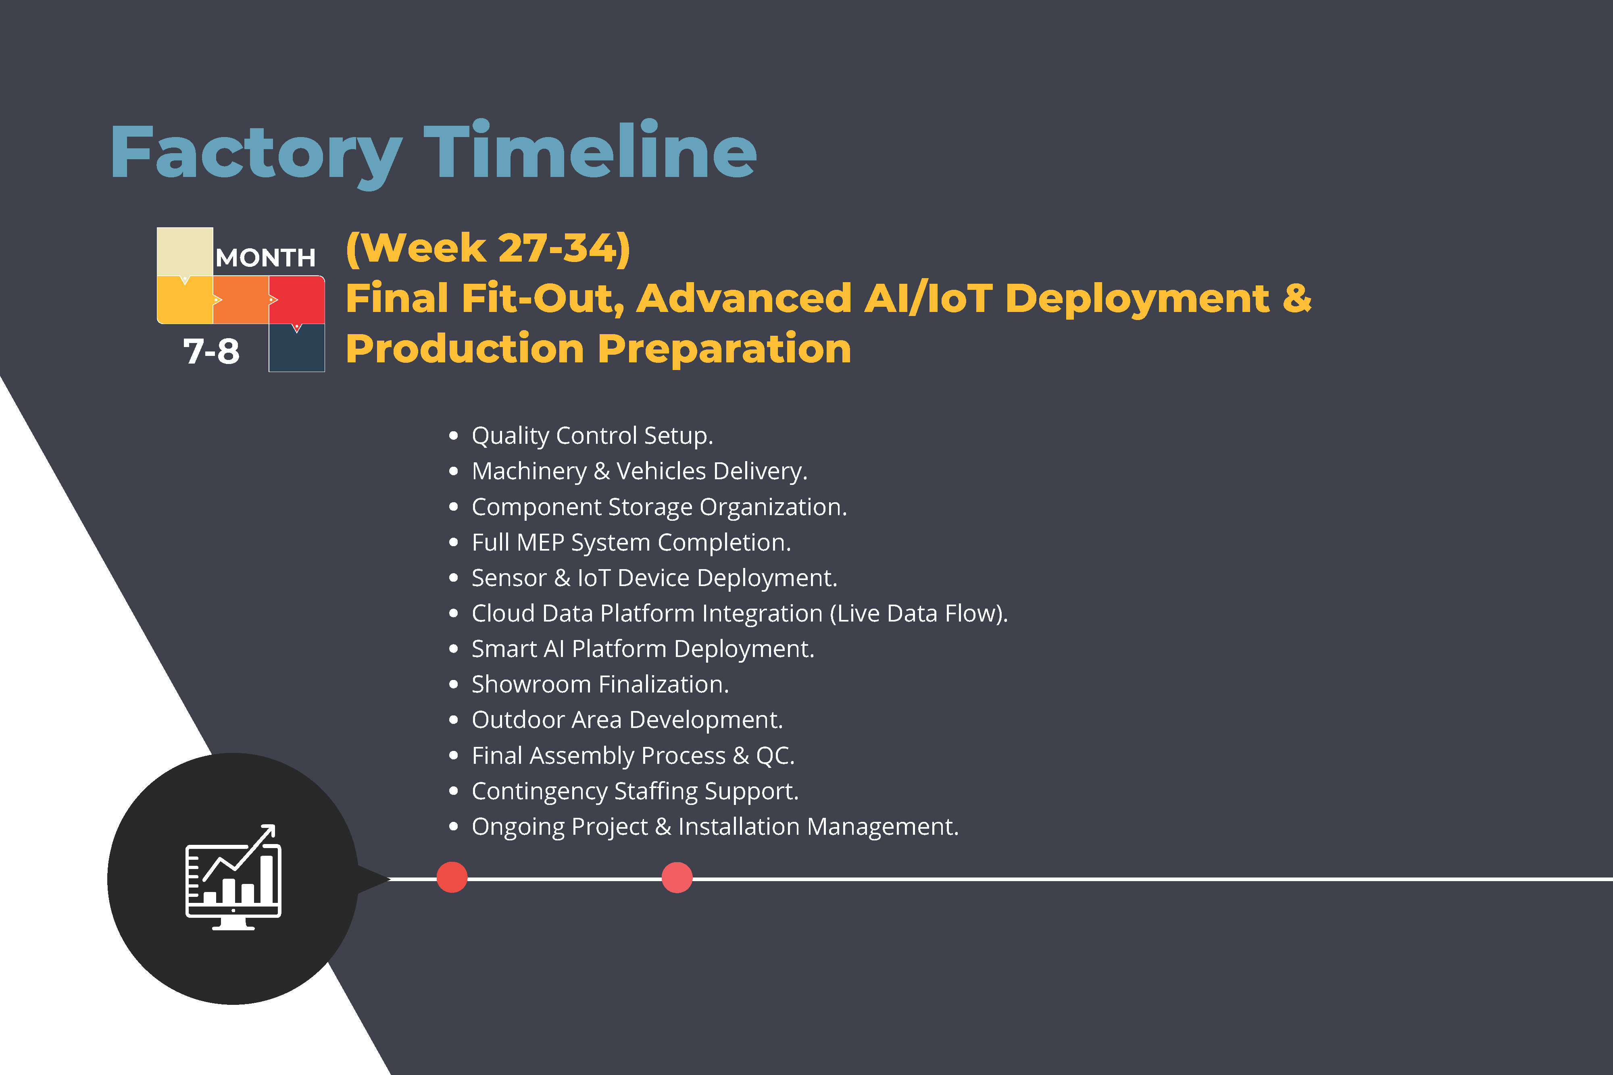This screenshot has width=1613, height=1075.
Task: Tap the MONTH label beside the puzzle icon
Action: tap(265, 258)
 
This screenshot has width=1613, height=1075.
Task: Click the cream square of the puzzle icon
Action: tap(184, 252)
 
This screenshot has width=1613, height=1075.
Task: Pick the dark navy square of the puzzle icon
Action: tap(296, 347)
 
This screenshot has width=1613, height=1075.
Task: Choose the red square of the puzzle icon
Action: tap(296, 299)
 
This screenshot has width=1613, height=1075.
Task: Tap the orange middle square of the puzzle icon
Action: tap(241, 299)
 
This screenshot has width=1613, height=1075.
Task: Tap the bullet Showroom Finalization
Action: tap(600, 684)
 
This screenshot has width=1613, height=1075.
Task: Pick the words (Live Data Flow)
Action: tap(918, 613)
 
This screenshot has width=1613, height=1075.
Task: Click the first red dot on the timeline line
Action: tap(452, 877)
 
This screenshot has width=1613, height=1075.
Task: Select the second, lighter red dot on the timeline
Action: tap(677, 877)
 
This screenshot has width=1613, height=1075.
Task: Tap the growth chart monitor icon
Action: tap(233, 877)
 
